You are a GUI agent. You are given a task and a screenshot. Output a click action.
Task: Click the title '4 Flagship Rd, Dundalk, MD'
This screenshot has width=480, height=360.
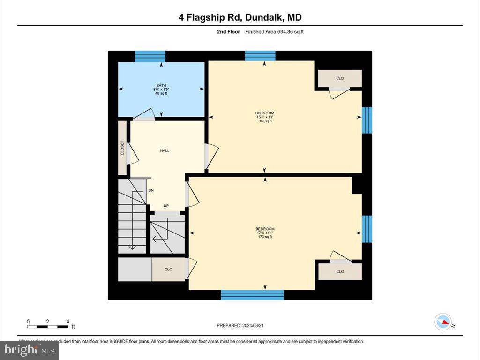tap(240, 18)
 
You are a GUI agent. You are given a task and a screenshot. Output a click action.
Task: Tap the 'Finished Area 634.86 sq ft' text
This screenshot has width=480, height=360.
tap(277, 32)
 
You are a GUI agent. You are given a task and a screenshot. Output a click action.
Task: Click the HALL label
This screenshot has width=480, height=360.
tap(165, 150)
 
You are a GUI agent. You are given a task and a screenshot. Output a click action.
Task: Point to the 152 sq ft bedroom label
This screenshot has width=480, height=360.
tap(265, 117)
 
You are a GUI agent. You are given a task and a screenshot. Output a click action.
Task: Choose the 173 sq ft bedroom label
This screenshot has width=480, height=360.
tap(265, 232)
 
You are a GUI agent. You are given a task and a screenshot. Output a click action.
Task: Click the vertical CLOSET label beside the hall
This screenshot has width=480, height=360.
tap(122, 148)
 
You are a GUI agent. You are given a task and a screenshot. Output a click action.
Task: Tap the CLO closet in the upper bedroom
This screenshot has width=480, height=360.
tap(340, 78)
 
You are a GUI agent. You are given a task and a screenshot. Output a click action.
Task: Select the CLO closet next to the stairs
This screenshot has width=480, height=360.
tap(168, 270)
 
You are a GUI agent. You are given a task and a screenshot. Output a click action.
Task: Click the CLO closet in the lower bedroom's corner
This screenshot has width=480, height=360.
tap(340, 271)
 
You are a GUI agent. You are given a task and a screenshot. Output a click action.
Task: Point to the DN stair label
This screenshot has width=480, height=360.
tap(151, 190)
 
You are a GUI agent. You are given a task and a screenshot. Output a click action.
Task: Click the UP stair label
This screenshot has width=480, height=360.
tap(166, 206)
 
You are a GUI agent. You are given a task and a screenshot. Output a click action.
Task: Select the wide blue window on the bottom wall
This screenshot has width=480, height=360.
tap(252, 295)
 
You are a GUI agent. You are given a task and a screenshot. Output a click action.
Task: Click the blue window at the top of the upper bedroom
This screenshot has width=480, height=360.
tap(260, 56)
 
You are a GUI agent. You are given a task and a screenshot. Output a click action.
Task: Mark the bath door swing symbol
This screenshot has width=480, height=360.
tap(145, 115)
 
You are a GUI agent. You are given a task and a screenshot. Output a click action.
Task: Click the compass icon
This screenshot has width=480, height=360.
tap(443, 322)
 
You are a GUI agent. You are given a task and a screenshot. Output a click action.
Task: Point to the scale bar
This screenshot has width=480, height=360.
tap(48, 326)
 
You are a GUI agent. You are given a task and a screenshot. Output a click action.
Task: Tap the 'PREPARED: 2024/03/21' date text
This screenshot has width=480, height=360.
tap(243, 325)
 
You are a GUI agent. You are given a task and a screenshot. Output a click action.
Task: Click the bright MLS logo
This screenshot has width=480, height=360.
tap(29, 350)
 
